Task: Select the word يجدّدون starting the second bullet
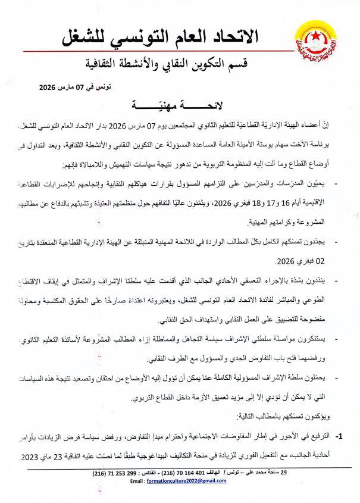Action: tap(311, 243)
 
